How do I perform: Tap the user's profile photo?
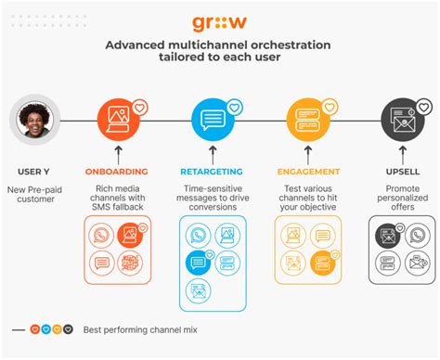tap(32, 122)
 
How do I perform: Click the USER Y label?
tap(33, 171)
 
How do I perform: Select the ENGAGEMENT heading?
tap(307, 171)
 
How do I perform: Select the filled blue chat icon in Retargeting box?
tap(198, 262)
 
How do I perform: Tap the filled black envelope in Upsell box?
tap(388, 237)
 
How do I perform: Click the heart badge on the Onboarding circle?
tap(139, 107)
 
